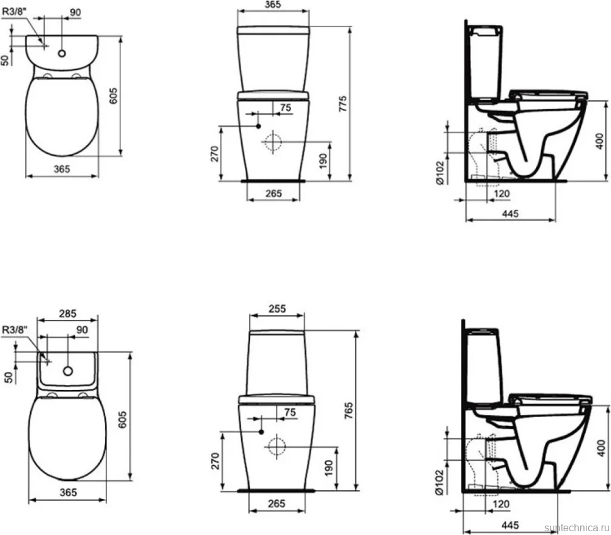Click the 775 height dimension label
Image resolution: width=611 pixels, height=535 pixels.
pos(343,104)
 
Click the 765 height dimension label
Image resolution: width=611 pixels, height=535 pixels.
pos(349,410)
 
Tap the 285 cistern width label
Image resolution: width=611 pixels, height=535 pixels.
pos(67,314)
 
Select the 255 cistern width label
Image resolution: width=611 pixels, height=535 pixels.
pos(277,309)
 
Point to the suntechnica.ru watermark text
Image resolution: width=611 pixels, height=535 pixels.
pos(577,528)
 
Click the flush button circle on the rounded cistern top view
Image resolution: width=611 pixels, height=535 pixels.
pos(62,53)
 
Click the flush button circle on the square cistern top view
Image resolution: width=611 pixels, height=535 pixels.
pos(68,371)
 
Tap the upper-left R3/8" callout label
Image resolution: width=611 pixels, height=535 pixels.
pos(14,11)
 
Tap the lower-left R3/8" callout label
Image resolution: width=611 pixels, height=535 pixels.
pos(15,330)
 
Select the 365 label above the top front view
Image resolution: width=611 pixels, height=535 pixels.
pos(273,4)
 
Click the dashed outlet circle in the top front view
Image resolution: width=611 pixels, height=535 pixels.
pos(273,142)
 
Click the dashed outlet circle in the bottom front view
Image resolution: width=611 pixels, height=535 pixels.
pos(277,447)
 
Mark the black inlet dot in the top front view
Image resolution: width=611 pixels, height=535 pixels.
pos(258,126)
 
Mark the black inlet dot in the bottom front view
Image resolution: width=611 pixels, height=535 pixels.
pos(261,432)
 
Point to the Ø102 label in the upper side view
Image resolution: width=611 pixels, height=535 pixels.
pos(439,173)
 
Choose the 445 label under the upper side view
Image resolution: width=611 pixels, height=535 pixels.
pos(510,214)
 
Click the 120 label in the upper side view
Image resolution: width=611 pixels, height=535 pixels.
pos(501,194)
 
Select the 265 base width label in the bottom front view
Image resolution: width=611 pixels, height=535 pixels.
pos(277,503)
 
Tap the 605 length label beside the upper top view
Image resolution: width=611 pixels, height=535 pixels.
pos(113,96)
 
